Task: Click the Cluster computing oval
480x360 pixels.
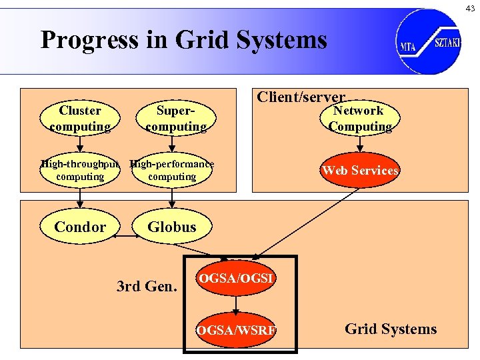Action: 80,119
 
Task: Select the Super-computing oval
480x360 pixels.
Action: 175,119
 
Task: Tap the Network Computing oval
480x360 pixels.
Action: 359,119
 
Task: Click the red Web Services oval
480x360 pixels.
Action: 360,171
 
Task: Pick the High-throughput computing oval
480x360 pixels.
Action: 80,171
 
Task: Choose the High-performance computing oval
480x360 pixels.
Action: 172,171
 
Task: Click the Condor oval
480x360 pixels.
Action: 80,227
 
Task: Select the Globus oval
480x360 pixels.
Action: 172,227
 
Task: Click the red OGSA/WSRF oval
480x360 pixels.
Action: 237,329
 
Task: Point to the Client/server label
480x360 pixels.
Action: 301,97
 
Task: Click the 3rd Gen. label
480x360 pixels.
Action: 147,287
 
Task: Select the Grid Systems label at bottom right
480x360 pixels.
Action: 391,329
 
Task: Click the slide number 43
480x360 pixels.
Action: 470,7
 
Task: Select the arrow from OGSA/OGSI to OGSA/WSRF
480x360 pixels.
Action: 237,304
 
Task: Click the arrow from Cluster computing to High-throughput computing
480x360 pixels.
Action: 80,144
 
